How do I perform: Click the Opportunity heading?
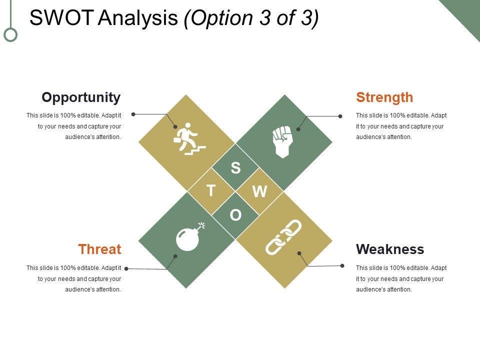click(x=81, y=97)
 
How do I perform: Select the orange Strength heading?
click(x=384, y=97)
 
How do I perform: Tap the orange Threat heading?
click(x=99, y=249)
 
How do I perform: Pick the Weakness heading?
click(x=390, y=249)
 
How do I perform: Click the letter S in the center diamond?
click(x=235, y=168)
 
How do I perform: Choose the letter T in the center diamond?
click(x=211, y=191)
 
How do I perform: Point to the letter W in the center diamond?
click(x=259, y=191)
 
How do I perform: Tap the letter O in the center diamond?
click(x=235, y=215)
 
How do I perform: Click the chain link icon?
click(x=283, y=237)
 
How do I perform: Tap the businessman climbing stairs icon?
click(x=189, y=138)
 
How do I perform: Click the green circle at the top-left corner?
click(x=10, y=34)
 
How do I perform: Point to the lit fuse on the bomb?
click(x=201, y=224)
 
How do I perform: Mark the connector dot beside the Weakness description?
click(x=342, y=265)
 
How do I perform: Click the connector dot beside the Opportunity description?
click(x=133, y=114)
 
